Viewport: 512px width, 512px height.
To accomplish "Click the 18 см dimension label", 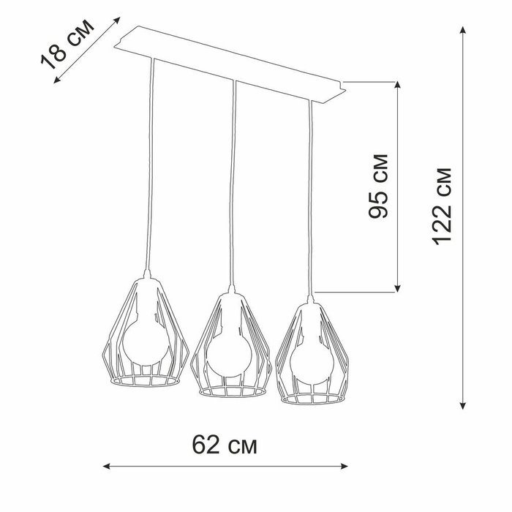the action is [67, 45].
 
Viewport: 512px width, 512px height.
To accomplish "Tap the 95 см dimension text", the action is [378, 186].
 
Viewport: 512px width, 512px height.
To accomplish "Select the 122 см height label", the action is [442, 206].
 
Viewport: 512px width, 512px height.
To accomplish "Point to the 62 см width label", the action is [225, 445].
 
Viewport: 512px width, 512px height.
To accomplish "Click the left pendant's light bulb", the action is [146, 343].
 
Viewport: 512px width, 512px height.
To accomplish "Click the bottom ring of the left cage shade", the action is [146, 385].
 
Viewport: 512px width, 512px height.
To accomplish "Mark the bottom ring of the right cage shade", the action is [313, 403].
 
